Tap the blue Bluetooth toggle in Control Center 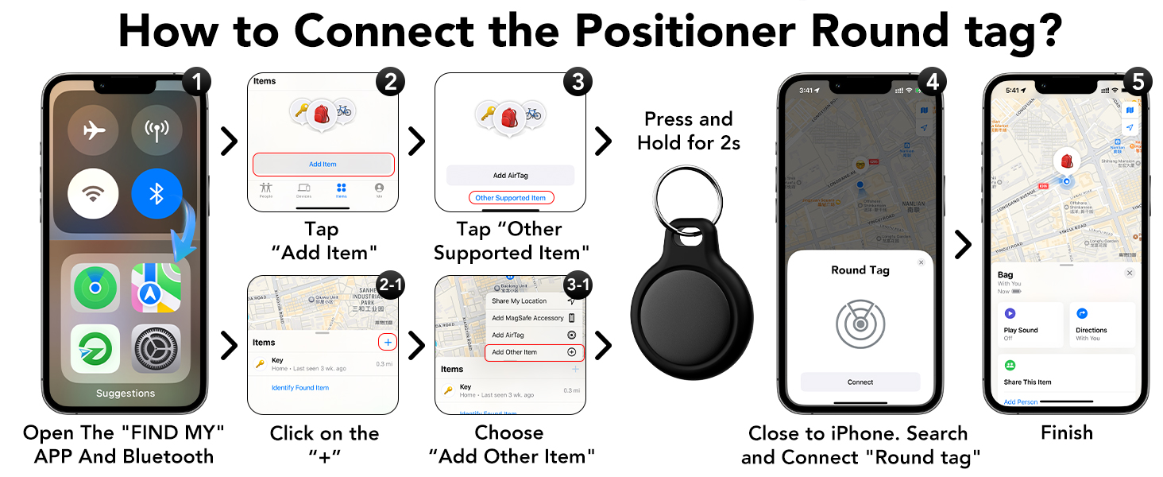pyautogui.click(x=157, y=193)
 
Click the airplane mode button pyautogui.click(x=94, y=130)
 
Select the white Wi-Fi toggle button pyautogui.click(x=94, y=193)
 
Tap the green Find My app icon pyautogui.click(x=95, y=288)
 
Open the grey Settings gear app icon pyautogui.click(x=156, y=348)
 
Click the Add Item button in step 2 pyautogui.click(x=323, y=165)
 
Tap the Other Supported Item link pyautogui.click(x=510, y=198)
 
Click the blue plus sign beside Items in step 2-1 pyautogui.click(x=388, y=342)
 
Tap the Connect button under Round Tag pyautogui.click(x=860, y=382)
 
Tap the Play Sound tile pyautogui.click(x=1030, y=324)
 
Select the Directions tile pyautogui.click(x=1102, y=324)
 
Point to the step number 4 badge pyautogui.click(x=931, y=83)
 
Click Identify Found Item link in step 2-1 pyautogui.click(x=300, y=388)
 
